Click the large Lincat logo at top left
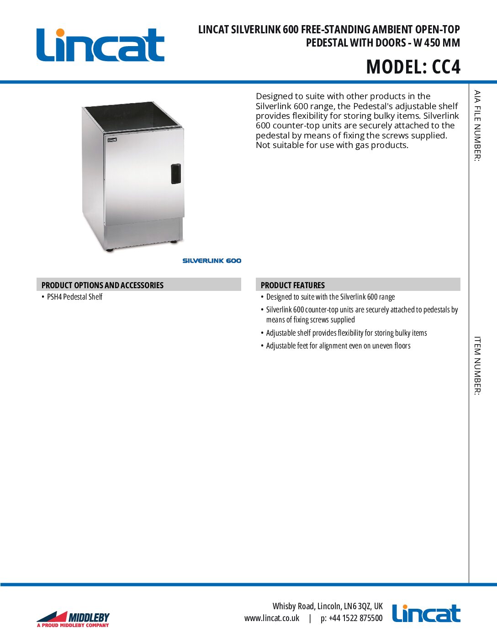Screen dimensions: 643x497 pyautogui.click(x=100, y=45)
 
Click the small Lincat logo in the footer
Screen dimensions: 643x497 pyautogui.click(x=426, y=614)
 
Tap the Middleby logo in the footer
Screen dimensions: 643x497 pyautogui.click(x=73, y=619)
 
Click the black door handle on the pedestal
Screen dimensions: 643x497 pyautogui.click(x=176, y=174)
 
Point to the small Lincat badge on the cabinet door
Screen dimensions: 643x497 pyautogui.click(x=112, y=140)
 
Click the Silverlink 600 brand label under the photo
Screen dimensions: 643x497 pyautogui.click(x=211, y=261)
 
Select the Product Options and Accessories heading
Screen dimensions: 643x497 pyautogui.click(x=102, y=285)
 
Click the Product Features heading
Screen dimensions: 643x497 pyautogui.click(x=292, y=285)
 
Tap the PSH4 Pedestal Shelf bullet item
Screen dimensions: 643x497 pyautogui.click(x=74, y=297)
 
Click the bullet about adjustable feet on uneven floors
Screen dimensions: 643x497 pyautogui.click(x=338, y=346)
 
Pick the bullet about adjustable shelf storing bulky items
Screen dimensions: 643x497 pyautogui.click(x=346, y=333)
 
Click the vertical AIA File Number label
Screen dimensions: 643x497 pyautogui.click(x=477, y=126)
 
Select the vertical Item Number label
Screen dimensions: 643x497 pyautogui.click(x=477, y=365)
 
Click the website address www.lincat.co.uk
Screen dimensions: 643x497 pyautogui.click(x=272, y=618)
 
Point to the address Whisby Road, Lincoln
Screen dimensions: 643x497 pyautogui.click(x=328, y=606)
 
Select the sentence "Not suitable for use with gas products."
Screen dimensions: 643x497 pyautogui.click(x=332, y=145)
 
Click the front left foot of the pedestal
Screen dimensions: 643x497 pyautogui.click(x=109, y=250)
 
